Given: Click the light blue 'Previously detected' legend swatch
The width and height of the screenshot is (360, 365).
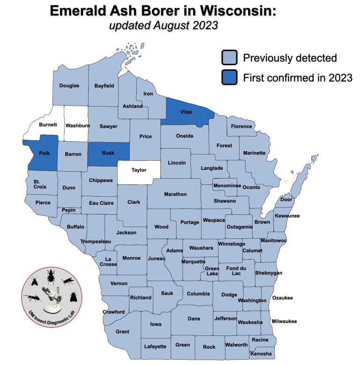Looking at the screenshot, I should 230,58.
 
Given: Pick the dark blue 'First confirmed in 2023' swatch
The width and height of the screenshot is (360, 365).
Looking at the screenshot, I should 230,77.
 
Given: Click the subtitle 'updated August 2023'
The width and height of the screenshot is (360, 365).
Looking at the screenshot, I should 163,25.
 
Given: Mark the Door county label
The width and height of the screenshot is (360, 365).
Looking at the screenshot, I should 286,199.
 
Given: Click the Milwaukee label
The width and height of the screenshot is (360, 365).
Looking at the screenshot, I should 284,321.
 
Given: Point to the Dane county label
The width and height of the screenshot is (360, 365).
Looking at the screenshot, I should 194,319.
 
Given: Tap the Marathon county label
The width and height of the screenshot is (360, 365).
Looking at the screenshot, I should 176,194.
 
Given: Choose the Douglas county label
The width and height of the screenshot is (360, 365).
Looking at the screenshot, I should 69,86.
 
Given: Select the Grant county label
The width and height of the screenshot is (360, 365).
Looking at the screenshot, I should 122,332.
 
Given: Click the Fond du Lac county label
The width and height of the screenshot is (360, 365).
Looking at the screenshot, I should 232,271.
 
